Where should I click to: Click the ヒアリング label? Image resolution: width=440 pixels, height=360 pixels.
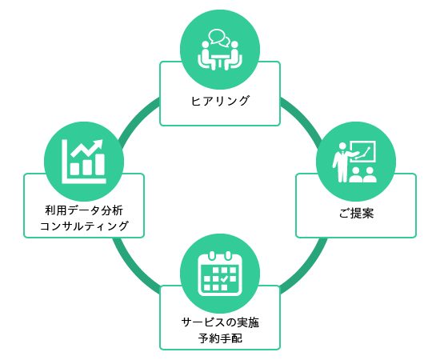[220, 101]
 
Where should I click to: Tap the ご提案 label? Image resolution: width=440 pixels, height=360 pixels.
[356, 214]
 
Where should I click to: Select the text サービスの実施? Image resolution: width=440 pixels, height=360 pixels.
[220, 322]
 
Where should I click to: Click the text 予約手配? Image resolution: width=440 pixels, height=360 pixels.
[220, 338]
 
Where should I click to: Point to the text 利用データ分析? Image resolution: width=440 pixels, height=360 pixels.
[84, 210]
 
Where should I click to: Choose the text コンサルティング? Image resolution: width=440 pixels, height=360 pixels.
[84, 226]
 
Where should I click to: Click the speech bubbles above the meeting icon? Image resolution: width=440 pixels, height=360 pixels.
[219, 38]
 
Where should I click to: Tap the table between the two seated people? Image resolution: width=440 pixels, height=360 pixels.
[220, 61]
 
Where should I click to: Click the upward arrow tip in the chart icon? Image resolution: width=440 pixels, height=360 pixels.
[100, 142]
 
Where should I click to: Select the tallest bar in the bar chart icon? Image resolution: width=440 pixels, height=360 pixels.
[100, 165]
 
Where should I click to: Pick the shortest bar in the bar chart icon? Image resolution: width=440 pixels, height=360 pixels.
[74, 169]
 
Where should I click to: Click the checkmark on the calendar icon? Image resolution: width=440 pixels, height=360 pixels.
[224, 278]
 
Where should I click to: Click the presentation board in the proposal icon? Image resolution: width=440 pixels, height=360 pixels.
[364, 151]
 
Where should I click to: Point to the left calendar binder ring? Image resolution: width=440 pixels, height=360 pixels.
[212, 256]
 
